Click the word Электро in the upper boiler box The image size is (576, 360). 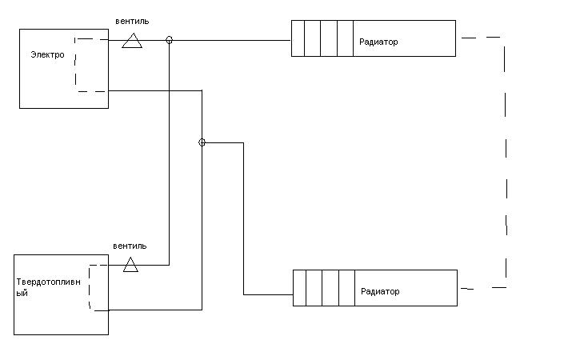click(x=47, y=55)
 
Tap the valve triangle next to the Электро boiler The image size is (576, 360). click(x=132, y=41)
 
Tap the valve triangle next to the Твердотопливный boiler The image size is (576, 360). click(x=130, y=266)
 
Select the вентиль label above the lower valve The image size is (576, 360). click(x=130, y=246)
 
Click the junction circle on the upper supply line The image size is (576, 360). click(x=169, y=39)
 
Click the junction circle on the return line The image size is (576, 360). click(x=202, y=142)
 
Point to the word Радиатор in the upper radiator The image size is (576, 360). click(x=378, y=42)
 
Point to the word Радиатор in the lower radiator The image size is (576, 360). click(x=380, y=291)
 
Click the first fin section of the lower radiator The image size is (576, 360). click(x=299, y=288)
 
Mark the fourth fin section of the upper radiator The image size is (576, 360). click(x=345, y=39)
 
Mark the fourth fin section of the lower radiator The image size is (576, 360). click(x=346, y=288)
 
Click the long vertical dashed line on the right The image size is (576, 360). click(x=506, y=160)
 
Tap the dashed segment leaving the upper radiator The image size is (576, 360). click(x=480, y=37)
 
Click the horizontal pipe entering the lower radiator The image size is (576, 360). click(x=268, y=294)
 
